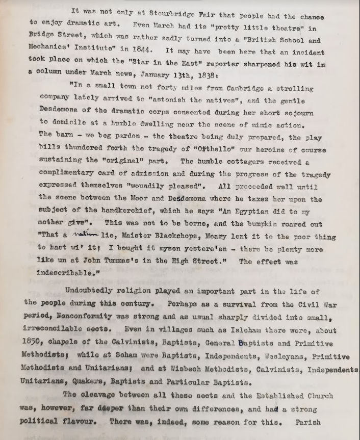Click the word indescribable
click(x=67, y=274)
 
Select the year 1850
click(x=33, y=343)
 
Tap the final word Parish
click(x=308, y=423)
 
